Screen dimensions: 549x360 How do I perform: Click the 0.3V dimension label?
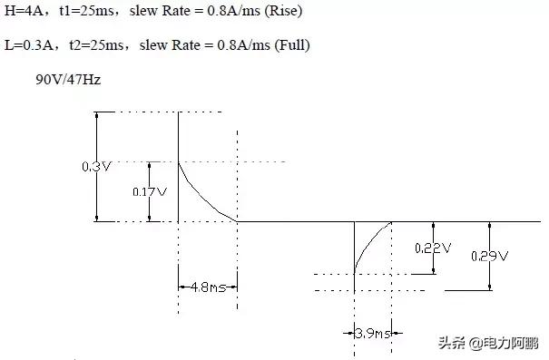pos(96,166)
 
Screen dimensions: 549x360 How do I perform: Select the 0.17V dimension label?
pos(150,191)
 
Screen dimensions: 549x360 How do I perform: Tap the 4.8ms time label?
pos(208,287)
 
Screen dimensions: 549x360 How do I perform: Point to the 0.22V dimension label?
pos(433,248)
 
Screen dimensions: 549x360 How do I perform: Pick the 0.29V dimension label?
pos(489,256)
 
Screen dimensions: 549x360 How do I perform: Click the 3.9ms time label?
pos(373,333)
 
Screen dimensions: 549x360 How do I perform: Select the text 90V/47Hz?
pos(68,80)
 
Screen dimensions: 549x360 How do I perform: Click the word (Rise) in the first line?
pos(283,11)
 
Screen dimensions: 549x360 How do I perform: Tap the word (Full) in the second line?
pos(292,45)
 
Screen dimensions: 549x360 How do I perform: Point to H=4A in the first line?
pos(24,11)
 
